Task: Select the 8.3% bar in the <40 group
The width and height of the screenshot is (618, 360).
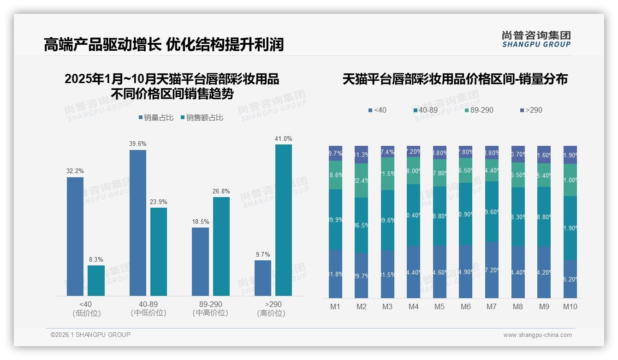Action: pos(96,280)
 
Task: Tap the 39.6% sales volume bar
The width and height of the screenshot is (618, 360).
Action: pos(138,222)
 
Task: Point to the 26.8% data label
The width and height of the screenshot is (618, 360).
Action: pos(221,192)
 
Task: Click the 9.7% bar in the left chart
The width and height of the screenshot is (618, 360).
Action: pos(263,278)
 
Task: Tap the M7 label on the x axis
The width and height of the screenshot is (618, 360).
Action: pos(492,306)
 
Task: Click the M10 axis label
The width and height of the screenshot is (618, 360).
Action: pos(570,306)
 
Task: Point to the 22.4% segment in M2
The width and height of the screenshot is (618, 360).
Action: pos(362,180)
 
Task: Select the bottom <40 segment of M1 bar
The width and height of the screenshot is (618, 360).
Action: pos(335,274)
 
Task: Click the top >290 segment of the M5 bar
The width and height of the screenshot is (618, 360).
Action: pos(440,152)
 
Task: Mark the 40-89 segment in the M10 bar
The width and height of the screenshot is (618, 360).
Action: pos(570,228)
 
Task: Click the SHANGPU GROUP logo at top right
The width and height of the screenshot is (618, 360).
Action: pos(536,39)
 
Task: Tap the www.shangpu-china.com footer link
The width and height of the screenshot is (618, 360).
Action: pos(537,335)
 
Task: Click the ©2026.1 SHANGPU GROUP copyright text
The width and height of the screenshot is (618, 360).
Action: pos(90,335)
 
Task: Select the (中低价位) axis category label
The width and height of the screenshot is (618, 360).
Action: pos(149,313)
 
